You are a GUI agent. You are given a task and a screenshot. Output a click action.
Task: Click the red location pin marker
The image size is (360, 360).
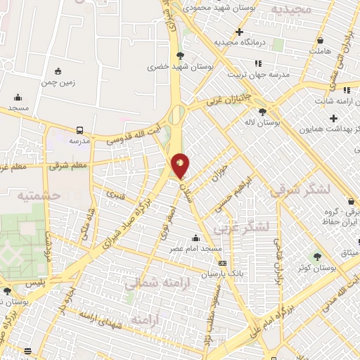181,165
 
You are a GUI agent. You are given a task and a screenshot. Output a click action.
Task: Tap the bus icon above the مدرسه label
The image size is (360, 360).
79,130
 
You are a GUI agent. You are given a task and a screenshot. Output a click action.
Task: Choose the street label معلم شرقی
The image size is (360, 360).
69,165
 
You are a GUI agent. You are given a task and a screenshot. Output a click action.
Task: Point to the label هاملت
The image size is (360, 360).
319,51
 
